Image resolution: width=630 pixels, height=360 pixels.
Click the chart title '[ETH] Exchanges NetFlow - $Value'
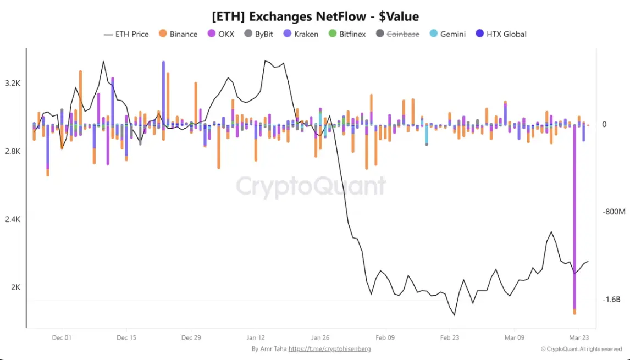(x=315, y=16)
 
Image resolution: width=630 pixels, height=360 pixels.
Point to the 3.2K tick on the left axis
(x=13, y=84)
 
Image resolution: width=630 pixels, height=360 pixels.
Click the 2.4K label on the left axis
(x=13, y=219)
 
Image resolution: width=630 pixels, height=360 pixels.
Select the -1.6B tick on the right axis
(x=611, y=300)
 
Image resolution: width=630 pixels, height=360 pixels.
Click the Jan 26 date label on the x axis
(x=320, y=337)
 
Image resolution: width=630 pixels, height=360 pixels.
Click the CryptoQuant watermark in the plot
(x=311, y=186)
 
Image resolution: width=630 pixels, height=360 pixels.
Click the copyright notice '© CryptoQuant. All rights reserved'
(x=581, y=349)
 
